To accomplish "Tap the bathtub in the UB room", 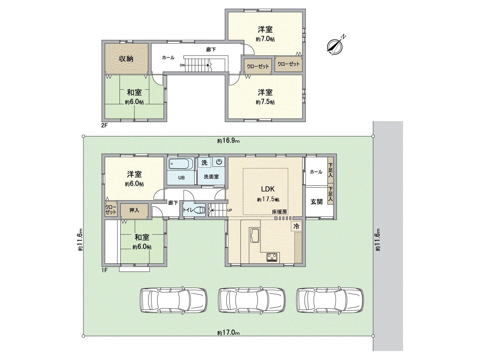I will [180, 164].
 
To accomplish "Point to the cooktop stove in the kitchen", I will [272, 257].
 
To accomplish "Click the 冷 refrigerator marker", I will [296, 226].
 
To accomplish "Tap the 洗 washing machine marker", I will [204, 163].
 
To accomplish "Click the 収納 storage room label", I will [126, 59].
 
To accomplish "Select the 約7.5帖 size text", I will [265, 102].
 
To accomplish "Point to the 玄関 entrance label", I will [316, 202].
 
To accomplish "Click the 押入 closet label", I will [134, 210].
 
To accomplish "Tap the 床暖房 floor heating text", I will [280, 212].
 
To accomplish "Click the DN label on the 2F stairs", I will [182, 65].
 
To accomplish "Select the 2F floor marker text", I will [104, 126].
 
